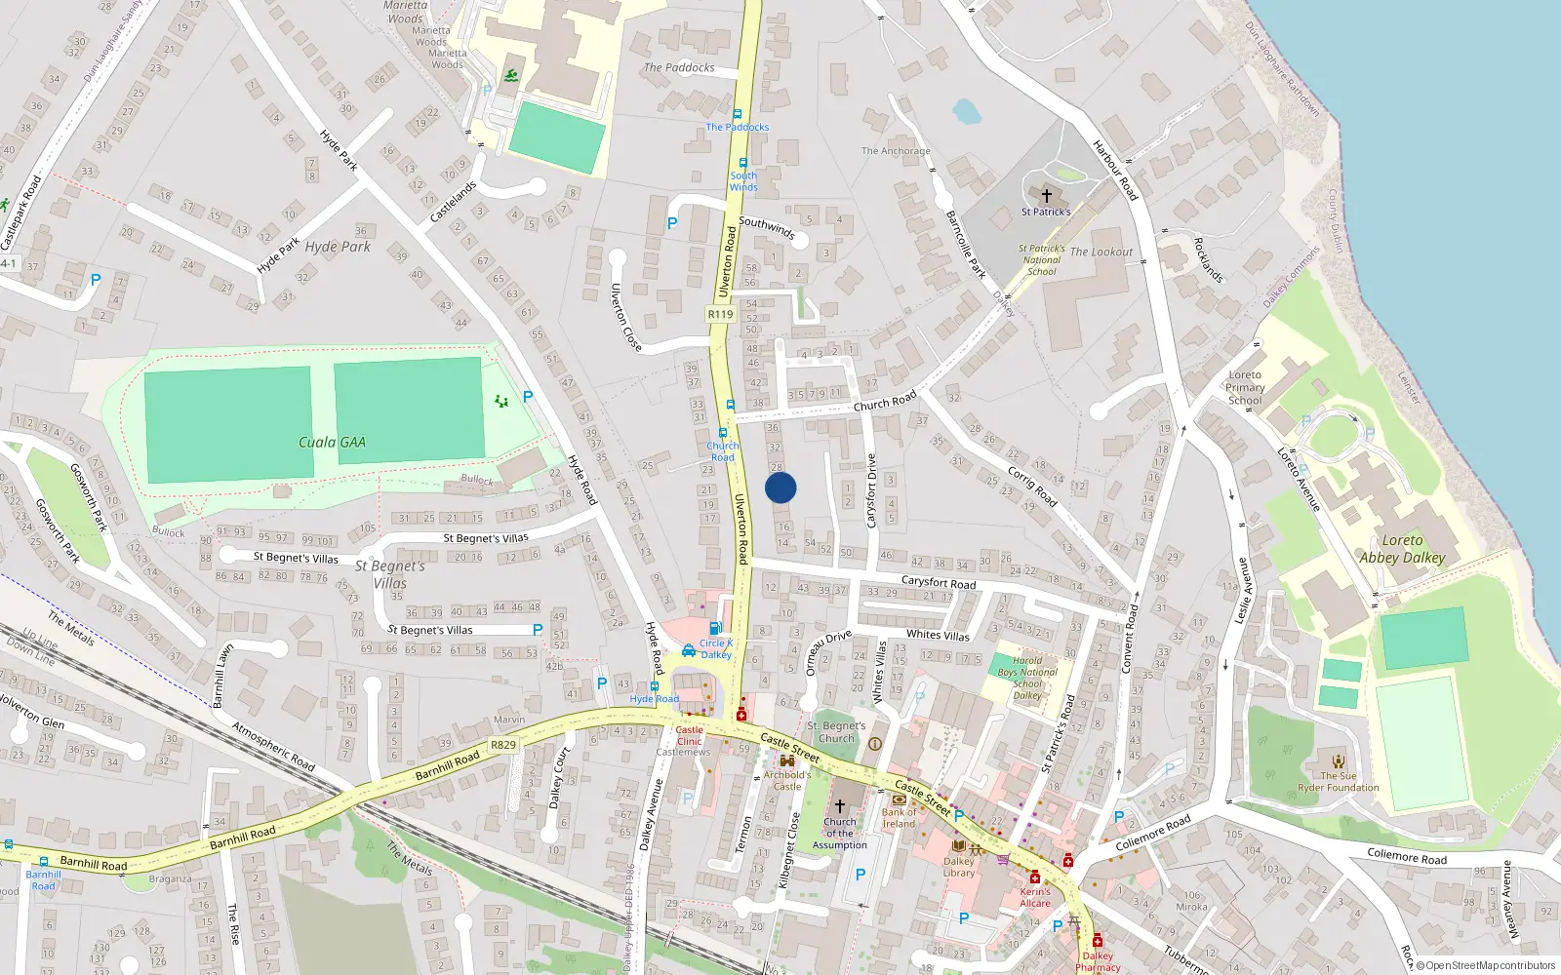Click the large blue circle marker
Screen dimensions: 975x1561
pyautogui.click(x=780, y=487)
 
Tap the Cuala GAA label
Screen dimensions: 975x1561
pyautogui.click(x=332, y=443)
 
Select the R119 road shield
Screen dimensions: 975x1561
pyautogui.click(x=720, y=314)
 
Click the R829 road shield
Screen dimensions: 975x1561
pyautogui.click(x=503, y=745)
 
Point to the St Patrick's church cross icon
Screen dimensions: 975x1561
pyautogui.click(x=1047, y=196)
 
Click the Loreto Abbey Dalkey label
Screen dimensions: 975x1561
pyautogui.click(x=1402, y=549)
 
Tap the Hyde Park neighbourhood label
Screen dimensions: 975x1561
pyautogui.click(x=338, y=247)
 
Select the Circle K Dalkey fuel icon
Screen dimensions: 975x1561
pyautogui.click(x=716, y=629)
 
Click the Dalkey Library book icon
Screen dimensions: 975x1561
pyautogui.click(x=958, y=845)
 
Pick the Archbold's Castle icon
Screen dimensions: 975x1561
pyautogui.click(x=786, y=761)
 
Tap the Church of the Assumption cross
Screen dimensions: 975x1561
pyautogui.click(x=839, y=806)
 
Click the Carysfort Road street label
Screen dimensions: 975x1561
pyautogui.click(x=938, y=582)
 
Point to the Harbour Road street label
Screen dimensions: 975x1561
pyautogui.click(x=1115, y=170)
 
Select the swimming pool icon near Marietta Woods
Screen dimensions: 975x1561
pyautogui.click(x=511, y=76)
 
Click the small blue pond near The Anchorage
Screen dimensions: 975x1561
pyautogui.click(x=966, y=111)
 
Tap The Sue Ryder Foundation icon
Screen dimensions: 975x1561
pyautogui.click(x=1339, y=761)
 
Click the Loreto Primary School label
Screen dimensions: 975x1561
pyautogui.click(x=1245, y=387)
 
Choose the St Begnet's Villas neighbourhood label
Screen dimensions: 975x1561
pyautogui.click(x=390, y=573)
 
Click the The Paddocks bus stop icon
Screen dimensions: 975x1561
pyautogui.click(x=738, y=114)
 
